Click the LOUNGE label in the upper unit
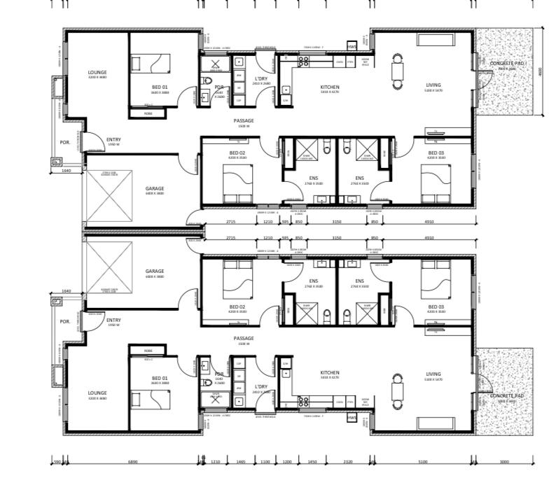[97, 72]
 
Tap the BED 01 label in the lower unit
[160, 378]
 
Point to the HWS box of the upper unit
[352, 46]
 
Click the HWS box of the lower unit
[352, 418]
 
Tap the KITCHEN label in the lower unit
[330, 373]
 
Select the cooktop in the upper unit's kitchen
[304, 62]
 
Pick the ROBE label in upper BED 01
[148, 113]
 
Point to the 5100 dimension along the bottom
[423, 462]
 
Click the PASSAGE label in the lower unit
[244, 338]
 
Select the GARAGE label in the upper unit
[154, 188]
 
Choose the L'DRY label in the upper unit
[261, 79]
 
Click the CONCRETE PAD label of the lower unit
[507, 395]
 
